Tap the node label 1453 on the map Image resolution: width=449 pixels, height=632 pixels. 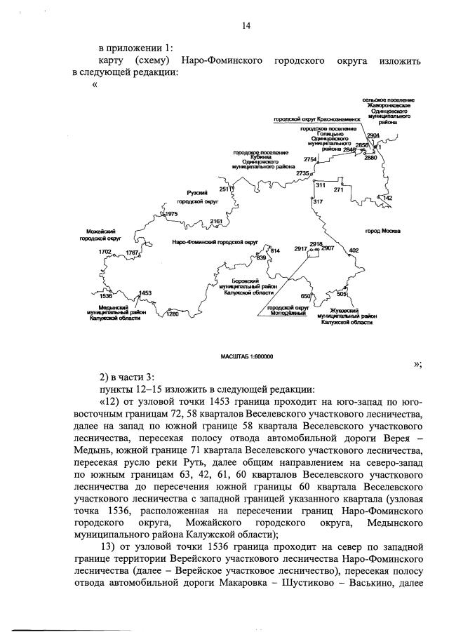tap(146, 293)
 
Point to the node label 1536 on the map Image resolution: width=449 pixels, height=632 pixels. tap(106, 297)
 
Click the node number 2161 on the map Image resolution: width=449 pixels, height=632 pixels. tap(216, 222)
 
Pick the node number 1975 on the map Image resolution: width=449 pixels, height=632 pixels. tap(173, 213)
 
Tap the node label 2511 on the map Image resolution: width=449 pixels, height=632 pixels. tap(226, 189)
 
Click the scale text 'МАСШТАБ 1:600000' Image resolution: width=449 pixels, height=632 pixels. tap(246, 357)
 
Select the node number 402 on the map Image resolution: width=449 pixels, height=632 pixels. tap(354, 250)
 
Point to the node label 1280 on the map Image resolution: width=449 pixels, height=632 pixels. tap(173, 314)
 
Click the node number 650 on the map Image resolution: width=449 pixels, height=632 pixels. tap(305, 295)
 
